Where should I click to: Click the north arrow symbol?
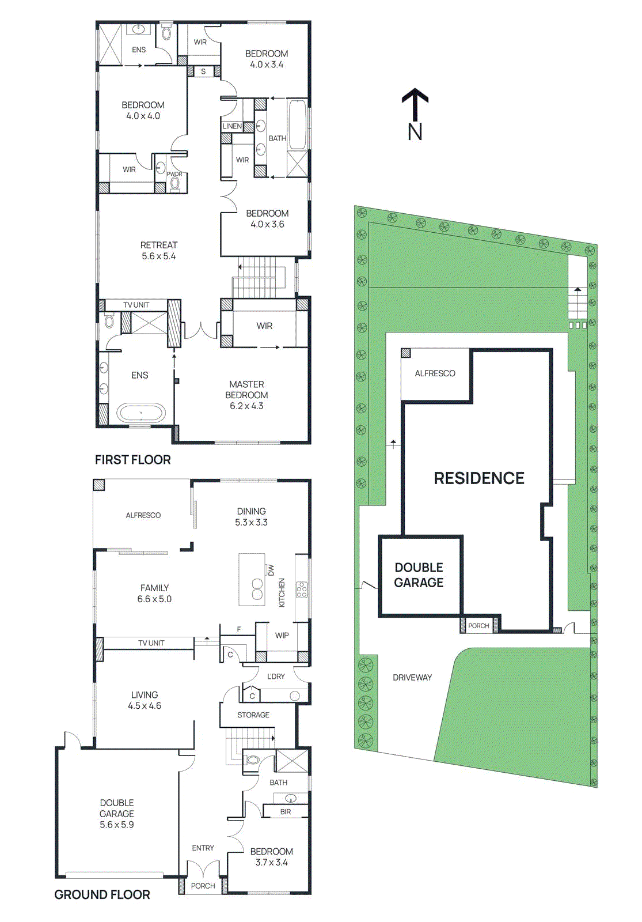(x=415, y=104)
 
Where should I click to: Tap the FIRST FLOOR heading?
(x=132, y=460)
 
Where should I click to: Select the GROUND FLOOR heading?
(x=102, y=894)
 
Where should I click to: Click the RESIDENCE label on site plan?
(x=478, y=478)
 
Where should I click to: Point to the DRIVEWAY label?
(x=412, y=678)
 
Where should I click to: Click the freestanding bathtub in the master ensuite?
(x=141, y=413)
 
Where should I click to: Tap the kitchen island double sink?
(x=257, y=590)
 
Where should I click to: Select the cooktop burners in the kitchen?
(x=302, y=590)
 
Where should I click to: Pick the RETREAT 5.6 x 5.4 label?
(x=159, y=251)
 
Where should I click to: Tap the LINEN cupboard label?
(x=233, y=126)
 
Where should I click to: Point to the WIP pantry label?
(x=282, y=635)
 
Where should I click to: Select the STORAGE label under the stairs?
(x=253, y=715)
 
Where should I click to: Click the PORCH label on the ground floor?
(x=203, y=886)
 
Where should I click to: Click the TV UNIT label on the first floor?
(x=136, y=305)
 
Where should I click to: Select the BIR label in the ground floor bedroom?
(x=286, y=811)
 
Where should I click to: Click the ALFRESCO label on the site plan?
(x=435, y=373)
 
